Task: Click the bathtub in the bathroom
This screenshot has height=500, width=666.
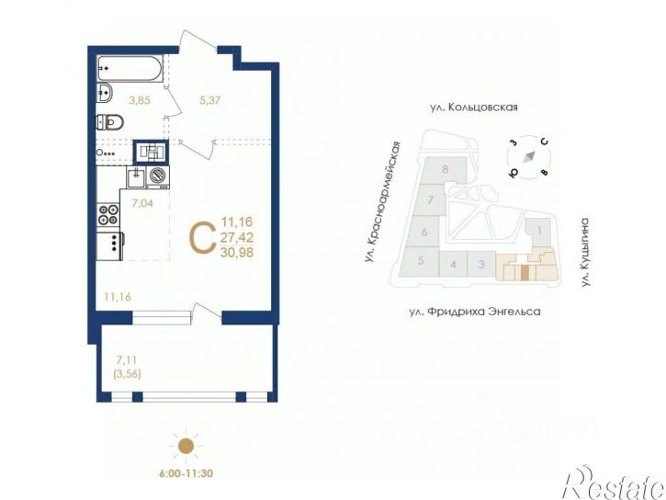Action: click(x=131, y=68)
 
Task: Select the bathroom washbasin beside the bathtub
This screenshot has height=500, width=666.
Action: click(x=105, y=90)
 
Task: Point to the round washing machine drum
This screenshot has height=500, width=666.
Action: click(x=158, y=174)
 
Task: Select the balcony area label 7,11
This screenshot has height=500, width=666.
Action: click(x=128, y=360)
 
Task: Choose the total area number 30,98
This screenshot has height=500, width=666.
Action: click(x=236, y=253)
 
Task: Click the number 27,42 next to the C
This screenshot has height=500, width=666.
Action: click(x=236, y=237)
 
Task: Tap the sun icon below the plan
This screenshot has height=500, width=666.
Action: click(x=186, y=446)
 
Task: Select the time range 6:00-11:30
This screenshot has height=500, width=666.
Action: click(x=186, y=474)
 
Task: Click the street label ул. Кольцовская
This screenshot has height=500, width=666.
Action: click(x=473, y=108)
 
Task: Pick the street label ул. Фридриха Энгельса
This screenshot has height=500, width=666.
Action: click(x=474, y=312)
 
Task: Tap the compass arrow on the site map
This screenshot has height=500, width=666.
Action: click(x=527, y=156)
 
